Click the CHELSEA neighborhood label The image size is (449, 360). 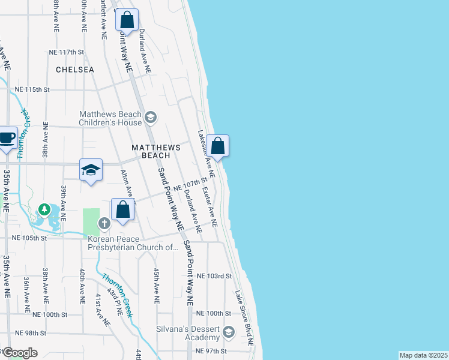pyautogui.click(x=75, y=70)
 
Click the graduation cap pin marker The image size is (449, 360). pyautogui.click(x=91, y=170)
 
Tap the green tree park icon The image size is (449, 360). pyautogui.click(x=44, y=210)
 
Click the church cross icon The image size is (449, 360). pyautogui.click(x=104, y=224)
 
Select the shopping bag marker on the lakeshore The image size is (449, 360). pyautogui.click(x=218, y=146)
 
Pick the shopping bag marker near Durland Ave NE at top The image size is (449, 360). pyautogui.click(x=127, y=20)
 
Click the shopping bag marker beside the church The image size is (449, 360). pyautogui.click(x=122, y=210)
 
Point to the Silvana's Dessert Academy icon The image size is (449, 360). pyautogui.click(x=228, y=332)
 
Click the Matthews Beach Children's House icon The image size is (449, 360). pyautogui.click(x=150, y=117)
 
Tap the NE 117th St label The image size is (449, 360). pyautogui.click(x=66, y=52)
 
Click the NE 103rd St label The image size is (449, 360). pyautogui.click(x=214, y=276)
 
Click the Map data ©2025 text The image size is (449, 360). pyautogui.click(x=423, y=355)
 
